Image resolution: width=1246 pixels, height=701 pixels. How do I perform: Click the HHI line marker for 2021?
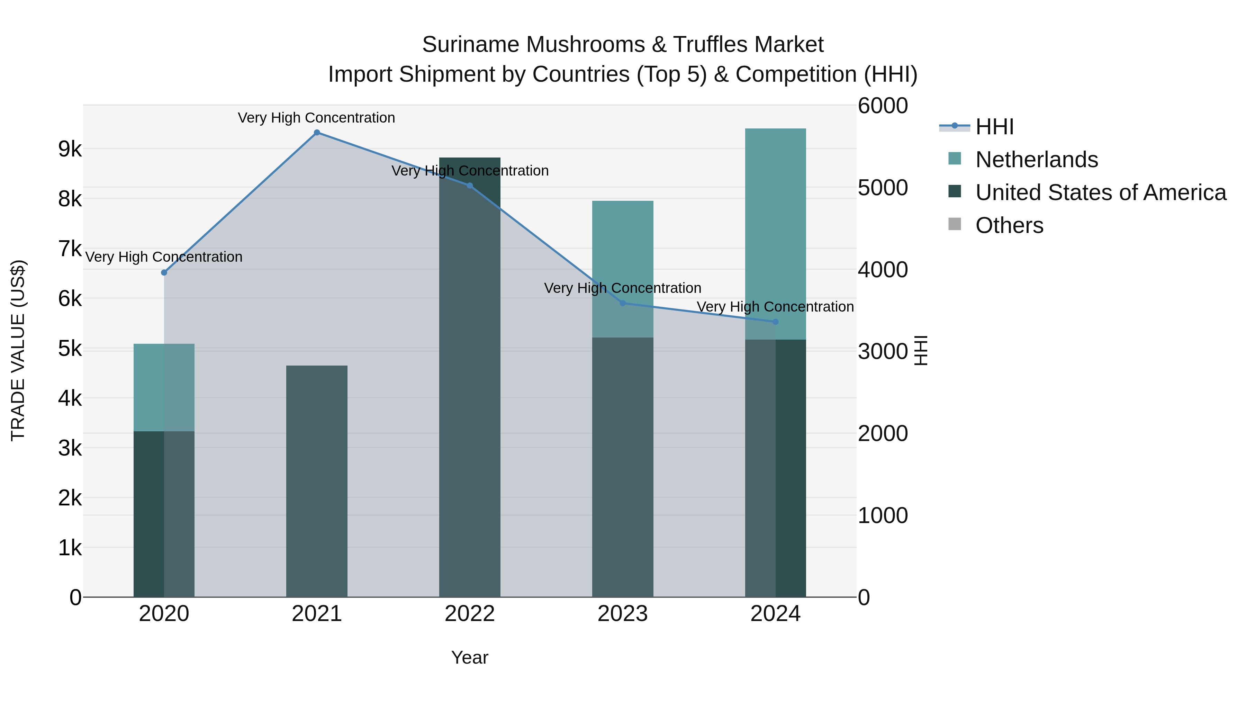pos(317,133)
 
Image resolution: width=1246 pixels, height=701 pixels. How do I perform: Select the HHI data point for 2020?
pos(164,273)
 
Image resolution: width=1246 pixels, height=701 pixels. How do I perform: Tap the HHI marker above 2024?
pos(775,322)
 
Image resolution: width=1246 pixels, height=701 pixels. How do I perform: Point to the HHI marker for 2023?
pos(623,303)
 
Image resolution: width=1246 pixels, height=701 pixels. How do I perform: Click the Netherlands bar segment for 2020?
pos(164,387)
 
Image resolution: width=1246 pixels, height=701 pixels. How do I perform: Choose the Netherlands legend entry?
pos(1036,160)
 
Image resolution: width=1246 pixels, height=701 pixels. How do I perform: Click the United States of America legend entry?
pos(1100,192)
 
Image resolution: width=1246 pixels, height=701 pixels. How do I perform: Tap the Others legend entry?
pos(1009,225)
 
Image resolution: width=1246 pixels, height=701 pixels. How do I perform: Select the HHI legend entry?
pos(994,127)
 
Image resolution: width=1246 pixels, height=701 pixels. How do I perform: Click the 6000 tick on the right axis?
pos(883,106)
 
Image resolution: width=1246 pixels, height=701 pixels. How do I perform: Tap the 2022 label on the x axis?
pos(470,614)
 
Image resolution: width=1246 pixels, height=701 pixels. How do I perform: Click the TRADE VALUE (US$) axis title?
pos(18,350)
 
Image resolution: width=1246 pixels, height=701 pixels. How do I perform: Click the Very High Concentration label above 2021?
pos(316,118)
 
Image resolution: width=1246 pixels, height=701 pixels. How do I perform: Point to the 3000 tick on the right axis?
pos(883,352)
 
